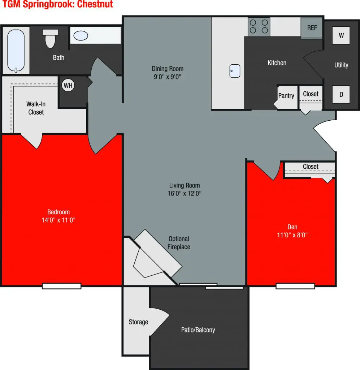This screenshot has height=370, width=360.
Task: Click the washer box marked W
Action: tap(341, 35)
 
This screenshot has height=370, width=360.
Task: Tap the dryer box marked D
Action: tap(341, 94)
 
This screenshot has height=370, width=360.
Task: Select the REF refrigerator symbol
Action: tap(312, 28)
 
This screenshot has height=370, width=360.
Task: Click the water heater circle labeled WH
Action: tap(68, 86)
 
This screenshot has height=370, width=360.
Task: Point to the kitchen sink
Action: tap(235, 71)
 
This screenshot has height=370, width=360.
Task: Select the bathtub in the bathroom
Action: tap(16, 51)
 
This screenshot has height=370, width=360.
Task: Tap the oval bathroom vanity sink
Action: tap(81, 35)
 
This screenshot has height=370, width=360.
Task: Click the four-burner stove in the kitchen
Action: tap(259, 26)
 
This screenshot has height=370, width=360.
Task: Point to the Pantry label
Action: tap(286, 96)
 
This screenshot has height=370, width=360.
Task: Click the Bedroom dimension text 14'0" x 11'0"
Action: tap(58, 220)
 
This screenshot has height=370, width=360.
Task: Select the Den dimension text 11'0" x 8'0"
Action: tap(292, 235)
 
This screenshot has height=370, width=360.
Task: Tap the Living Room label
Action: tap(184, 185)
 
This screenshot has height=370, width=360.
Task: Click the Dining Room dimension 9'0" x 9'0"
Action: tap(168, 76)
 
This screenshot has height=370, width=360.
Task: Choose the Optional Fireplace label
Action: tap(179, 243)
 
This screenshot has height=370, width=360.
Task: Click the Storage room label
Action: tap(138, 322)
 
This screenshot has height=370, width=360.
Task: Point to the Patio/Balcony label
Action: tap(198, 330)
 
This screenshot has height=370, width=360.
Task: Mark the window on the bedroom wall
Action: tap(61, 286)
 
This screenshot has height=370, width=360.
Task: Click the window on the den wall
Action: tap(295, 286)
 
